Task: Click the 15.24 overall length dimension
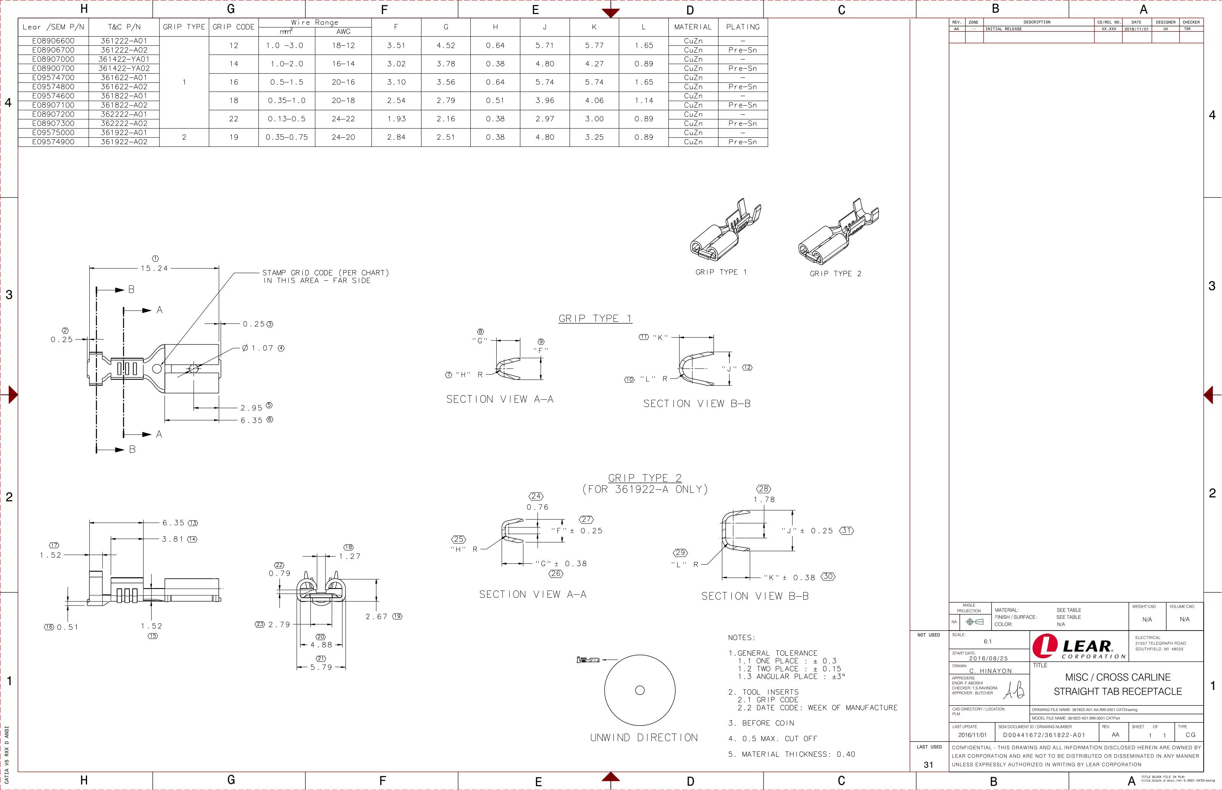click(x=155, y=268)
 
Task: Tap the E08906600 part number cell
click(x=53, y=40)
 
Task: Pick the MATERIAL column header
click(x=693, y=27)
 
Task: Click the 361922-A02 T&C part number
click(x=124, y=142)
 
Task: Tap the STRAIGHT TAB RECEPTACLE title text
click(x=1118, y=692)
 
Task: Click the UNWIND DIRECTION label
click(x=644, y=738)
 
